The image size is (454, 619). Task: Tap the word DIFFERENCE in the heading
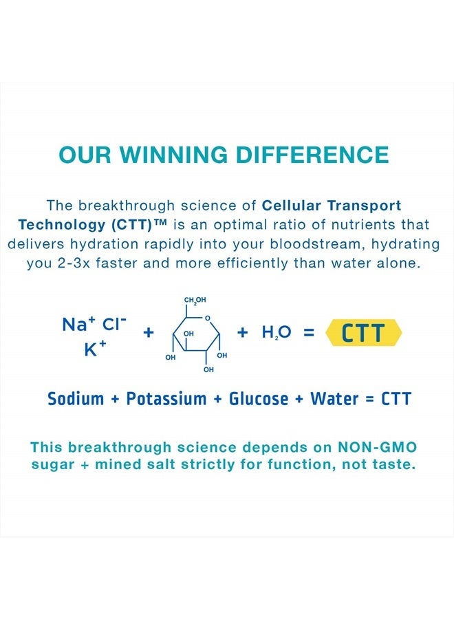(313, 154)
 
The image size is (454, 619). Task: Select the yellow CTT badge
(363, 332)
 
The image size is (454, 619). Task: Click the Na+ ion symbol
(79, 324)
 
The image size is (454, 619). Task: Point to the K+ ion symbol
(95, 349)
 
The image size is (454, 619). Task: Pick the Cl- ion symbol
(114, 324)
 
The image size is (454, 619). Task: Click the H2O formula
(277, 332)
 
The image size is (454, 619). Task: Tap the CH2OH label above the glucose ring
(195, 300)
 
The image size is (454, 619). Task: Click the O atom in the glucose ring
(208, 318)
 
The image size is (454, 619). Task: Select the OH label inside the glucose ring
(188, 334)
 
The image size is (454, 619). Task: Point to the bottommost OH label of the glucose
(208, 369)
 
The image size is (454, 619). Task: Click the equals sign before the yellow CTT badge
(309, 332)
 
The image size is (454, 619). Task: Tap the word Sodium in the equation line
(76, 399)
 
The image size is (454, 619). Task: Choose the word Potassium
(166, 399)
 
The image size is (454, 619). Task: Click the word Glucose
(259, 399)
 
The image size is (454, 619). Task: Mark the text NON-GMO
(378, 447)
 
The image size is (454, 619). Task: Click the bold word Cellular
(292, 205)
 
